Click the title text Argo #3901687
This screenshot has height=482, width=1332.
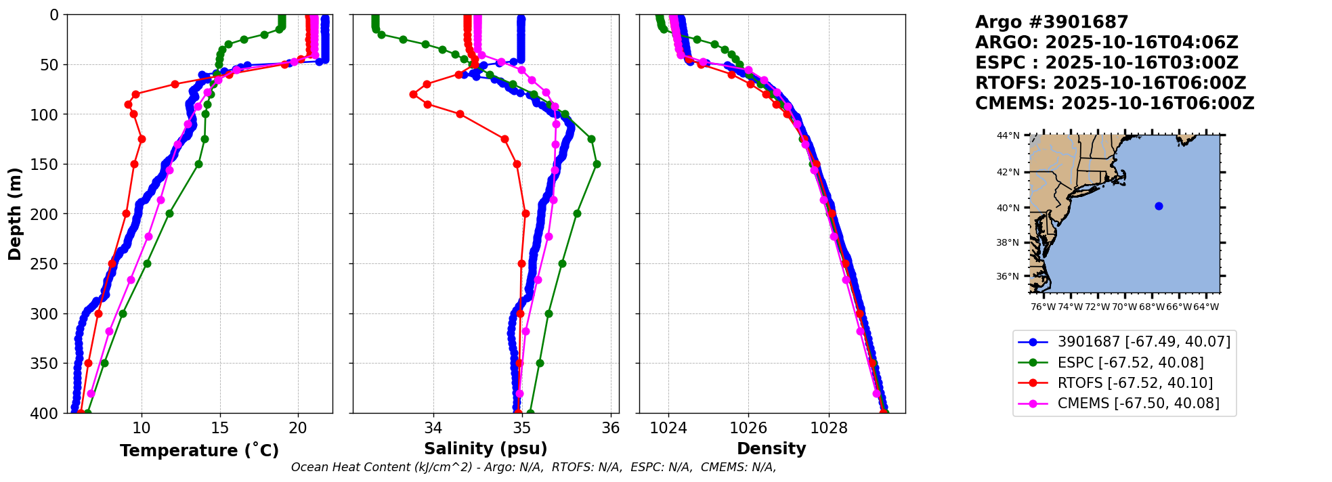(1052, 22)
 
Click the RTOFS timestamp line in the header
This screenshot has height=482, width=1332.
(1111, 83)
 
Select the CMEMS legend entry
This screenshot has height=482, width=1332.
(1138, 403)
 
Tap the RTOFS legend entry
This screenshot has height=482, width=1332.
(1135, 383)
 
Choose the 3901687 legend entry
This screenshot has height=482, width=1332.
(1144, 343)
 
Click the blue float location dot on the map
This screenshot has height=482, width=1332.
(1159, 206)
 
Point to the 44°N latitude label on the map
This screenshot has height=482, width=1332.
(1008, 136)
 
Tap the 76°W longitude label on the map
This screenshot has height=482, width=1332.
(1043, 307)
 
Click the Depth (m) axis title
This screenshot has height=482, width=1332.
(15, 214)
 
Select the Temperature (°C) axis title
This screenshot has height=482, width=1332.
(199, 450)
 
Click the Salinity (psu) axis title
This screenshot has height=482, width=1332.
(486, 449)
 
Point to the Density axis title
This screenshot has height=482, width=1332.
(771, 449)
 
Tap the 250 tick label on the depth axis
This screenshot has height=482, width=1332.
(47, 264)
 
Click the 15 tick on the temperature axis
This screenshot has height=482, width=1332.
(219, 428)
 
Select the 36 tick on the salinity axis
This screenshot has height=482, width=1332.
(611, 428)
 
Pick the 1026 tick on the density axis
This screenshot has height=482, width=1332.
(748, 428)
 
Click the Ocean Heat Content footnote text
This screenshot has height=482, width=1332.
(534, 467)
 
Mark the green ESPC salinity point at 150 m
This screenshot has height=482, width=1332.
(597, 164)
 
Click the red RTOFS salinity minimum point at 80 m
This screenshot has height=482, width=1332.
(413, 94)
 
